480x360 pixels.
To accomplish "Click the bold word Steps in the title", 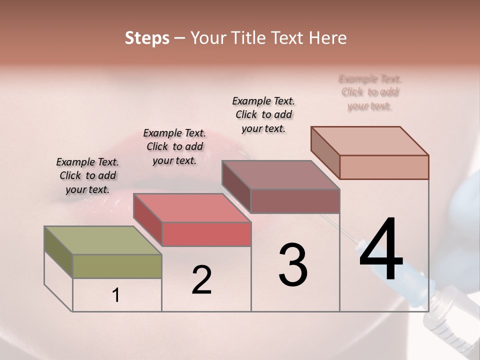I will pyautogui.click(x=147, y=38).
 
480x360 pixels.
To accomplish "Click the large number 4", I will pyautogui.click(x=381, y=250).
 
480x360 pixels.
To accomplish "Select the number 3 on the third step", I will pyautogui.click(x=293, y=265).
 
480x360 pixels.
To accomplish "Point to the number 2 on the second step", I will pyautogui.click(x=202, y=280).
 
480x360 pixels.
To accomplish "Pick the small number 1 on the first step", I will pyautogui.click(x=116, y=295).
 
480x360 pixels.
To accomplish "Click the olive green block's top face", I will pyautogui.click(x=102, y=240).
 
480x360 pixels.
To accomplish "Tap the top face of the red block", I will pyautogui.click(x=191, y=208).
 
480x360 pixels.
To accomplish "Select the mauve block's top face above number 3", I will pyautogui.click(x=280, y=175).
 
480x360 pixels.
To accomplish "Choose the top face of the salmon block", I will pyautogui.click(x=369, y=141).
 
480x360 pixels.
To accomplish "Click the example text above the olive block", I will pyautogui.click(x=87, y=175).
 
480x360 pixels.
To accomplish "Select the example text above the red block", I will pyautogui.click(x=174, y=146).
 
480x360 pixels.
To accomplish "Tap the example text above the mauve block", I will pyautogui.click(x=263, y=114).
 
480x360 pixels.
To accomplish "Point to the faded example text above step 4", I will pyautogui.click(x=370, y=92).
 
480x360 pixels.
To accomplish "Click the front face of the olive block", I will pyautogui.click(x=117, y=266).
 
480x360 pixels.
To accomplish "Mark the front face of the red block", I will pyautogui.click(x=206, y=234).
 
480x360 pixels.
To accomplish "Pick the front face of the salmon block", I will pyautogui.click(x=384, y=167).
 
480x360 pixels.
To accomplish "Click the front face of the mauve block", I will pyautogui.click(x=295, y=201).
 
